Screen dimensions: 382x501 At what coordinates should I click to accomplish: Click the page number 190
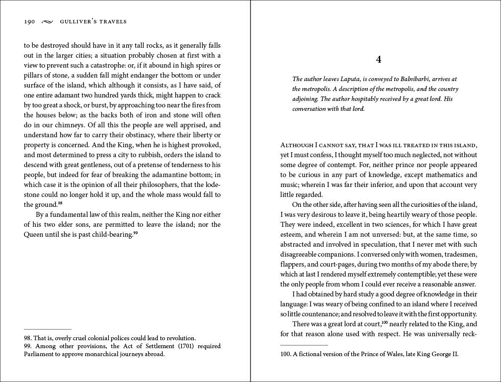coord(29,21)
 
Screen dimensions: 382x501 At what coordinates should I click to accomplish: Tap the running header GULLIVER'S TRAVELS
coord(93,21)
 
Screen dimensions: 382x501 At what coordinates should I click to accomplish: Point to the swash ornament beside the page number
coord(47,21)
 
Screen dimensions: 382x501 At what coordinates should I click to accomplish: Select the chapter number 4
coord(379,60)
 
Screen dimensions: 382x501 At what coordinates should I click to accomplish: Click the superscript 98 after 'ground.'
coord(60,203)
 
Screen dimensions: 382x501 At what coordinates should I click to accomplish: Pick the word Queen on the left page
coord(34,234)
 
